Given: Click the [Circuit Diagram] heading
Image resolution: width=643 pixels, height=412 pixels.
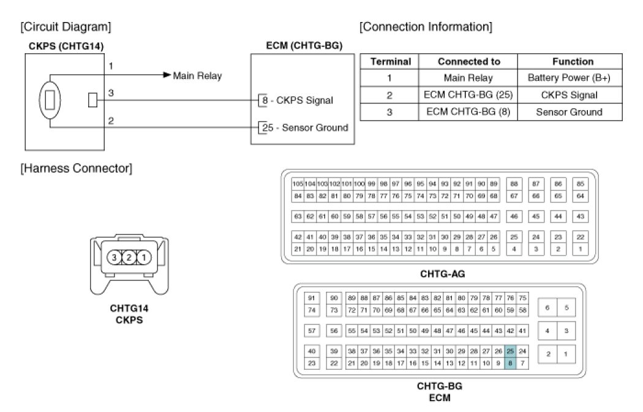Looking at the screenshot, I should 66,27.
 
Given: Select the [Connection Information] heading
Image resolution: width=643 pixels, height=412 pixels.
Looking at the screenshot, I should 426,27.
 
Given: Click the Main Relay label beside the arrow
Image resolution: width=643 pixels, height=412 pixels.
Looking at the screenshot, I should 197,76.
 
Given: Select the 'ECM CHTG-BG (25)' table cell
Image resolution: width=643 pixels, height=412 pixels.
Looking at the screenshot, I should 469,95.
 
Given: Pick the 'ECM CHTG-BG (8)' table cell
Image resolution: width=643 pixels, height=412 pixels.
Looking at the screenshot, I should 469,112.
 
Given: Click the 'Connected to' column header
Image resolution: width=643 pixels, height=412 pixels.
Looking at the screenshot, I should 469,61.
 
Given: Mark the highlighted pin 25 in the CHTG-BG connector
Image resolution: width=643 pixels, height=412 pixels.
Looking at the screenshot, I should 510,351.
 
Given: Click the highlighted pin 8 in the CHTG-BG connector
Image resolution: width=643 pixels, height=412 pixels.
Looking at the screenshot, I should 510,364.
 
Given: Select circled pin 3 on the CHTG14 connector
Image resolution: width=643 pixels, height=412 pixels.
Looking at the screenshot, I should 114,258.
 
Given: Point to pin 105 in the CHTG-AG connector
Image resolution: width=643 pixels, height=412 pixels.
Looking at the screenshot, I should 298,184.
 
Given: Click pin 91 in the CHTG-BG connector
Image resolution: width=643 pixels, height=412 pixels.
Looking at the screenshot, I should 312,298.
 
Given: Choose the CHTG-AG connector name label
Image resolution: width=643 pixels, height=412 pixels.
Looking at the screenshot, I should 439,272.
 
